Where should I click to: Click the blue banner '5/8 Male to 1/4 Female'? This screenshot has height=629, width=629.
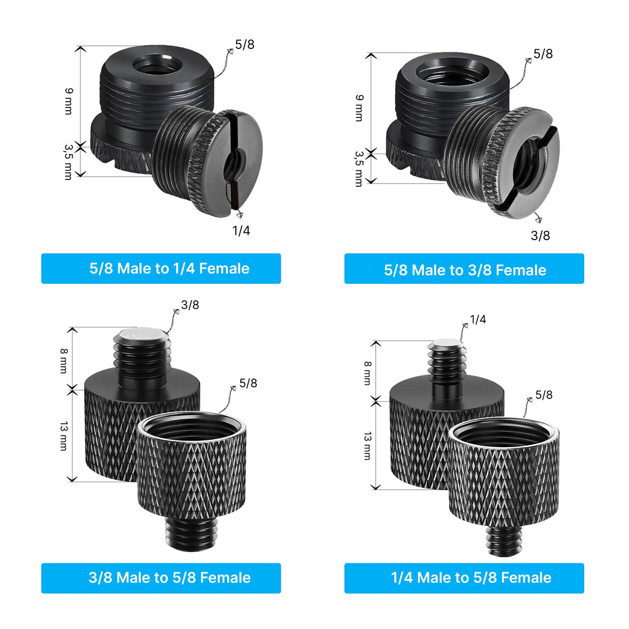pos(161,268)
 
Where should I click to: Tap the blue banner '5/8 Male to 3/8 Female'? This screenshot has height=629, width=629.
pos(464,268)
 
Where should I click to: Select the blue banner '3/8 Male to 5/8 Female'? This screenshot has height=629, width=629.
pos(161,578)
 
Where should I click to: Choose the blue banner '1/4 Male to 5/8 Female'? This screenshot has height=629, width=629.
pos(464,578)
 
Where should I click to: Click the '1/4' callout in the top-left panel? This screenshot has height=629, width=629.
pos(241,231)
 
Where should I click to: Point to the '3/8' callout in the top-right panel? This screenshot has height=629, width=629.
pos(541,235)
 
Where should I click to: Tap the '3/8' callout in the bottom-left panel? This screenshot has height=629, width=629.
pos(190,305)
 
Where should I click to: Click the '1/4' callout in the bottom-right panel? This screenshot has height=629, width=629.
pos(478,319)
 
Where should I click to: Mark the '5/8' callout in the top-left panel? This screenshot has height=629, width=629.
pos(244,44)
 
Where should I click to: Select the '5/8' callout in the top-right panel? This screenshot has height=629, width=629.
pos(543,54)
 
